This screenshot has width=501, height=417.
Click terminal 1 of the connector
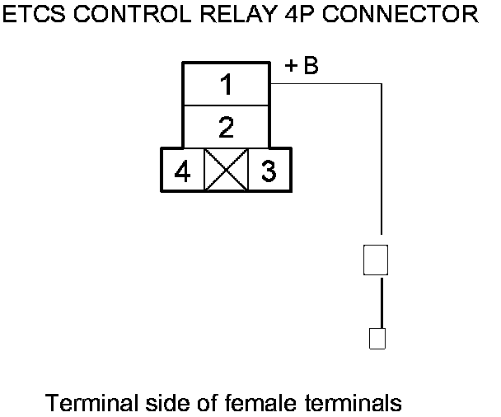pyautogui.click(x=226, y=84)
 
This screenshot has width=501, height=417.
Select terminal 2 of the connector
pyautogui.click(x=226, y=127)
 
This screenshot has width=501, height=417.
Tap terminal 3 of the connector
pyautogui.click(x=269, y=171)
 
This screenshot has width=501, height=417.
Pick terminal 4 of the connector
pyautogui.click(x=183, y=171)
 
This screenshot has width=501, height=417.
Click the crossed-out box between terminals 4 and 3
pyautogui.click(x=226, y=171)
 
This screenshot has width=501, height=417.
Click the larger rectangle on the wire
pyautogui.click(x=376, y=260)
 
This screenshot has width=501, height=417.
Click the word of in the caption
pyautogui.click(x=211, y=403)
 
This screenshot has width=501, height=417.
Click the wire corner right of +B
pyautogui.click(x=382, y=83)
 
